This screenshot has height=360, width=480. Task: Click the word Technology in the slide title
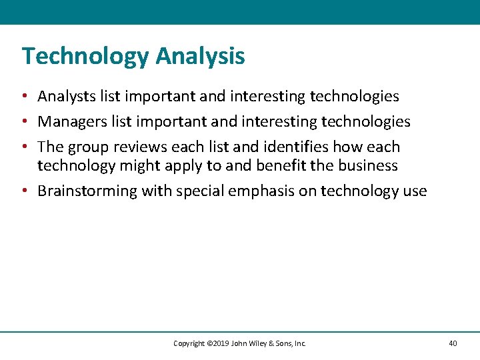tap(85, 57)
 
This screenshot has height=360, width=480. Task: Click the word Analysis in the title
tap(200, 57)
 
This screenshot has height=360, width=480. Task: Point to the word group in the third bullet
tap(93, 147)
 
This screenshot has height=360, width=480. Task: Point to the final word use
tap(413, 191)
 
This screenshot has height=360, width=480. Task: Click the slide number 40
tap(453, 343)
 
